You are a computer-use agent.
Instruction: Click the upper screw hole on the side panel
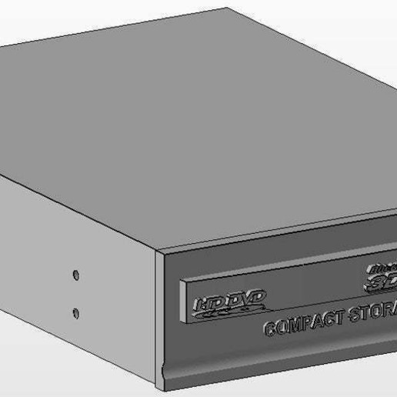pyautogui.click(x=75, y=274)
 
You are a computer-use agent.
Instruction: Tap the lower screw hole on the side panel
pyautogui.click(x=75, y=312)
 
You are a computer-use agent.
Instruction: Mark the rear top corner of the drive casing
pyautogui.click(x=229, y=9)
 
